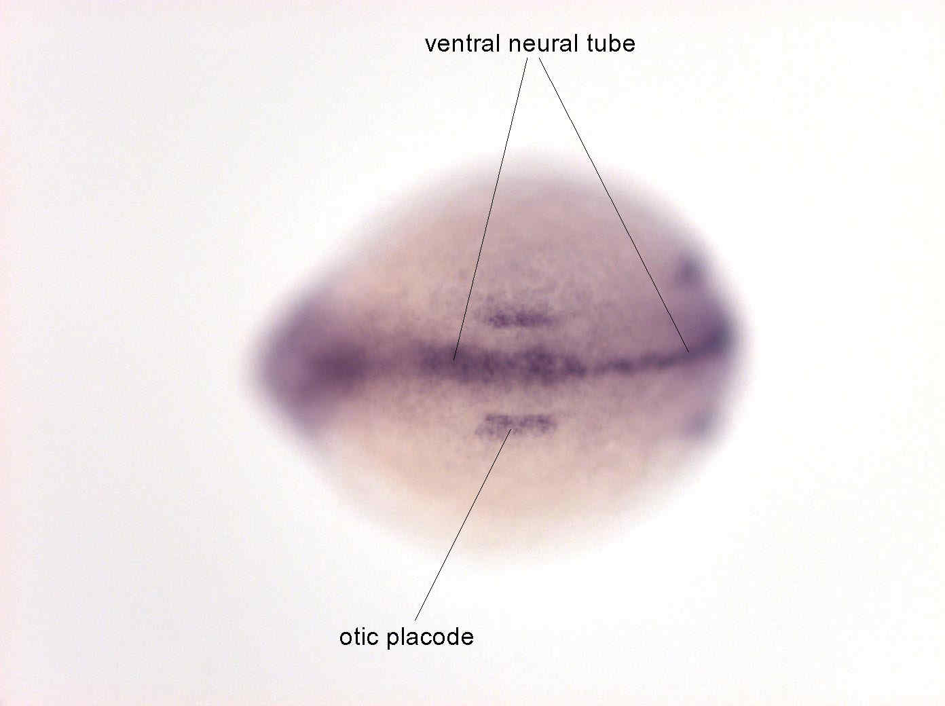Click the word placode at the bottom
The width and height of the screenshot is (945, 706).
tap(430, 638)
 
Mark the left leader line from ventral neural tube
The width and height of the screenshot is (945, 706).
tap(490, 209)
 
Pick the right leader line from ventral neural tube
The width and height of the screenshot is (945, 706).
tap(614, 205)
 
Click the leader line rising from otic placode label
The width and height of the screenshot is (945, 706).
tap(463, 525)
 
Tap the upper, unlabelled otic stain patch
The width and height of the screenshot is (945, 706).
tap(521, 318)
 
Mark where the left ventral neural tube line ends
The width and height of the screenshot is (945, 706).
tap(453, 360)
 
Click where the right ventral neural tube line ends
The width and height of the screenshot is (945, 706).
tap(689, 352)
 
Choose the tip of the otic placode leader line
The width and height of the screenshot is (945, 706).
tap(512, 429)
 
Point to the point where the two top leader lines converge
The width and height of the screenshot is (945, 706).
tap(534, 58)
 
